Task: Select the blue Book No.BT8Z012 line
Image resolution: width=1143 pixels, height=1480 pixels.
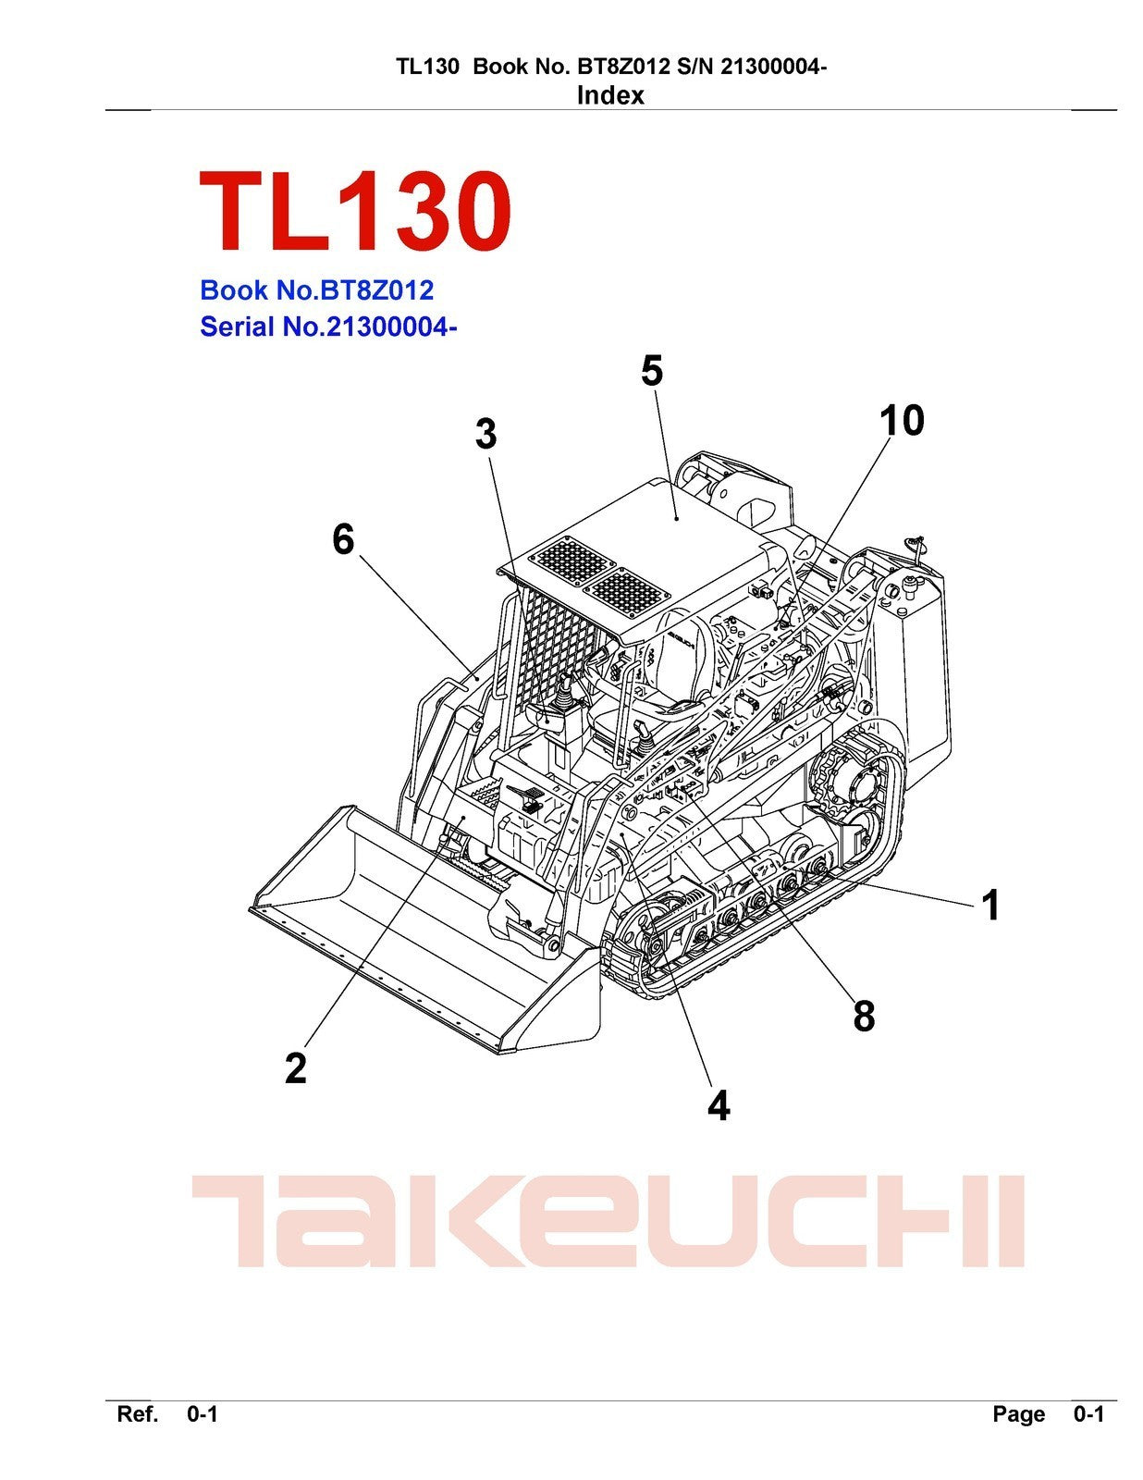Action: pos(316,290)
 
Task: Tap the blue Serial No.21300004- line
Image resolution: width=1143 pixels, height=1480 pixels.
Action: pos(328,327)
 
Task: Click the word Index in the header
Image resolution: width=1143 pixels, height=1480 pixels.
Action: pos(609,95)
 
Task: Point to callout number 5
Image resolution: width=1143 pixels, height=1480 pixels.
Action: pos(652,371)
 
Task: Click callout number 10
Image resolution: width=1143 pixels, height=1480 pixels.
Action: pos(901,421)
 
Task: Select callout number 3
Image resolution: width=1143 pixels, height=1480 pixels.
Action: pos(485,434)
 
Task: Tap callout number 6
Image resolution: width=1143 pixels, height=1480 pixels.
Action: pos(343,539)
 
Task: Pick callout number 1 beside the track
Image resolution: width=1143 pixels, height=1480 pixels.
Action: pos(990,905)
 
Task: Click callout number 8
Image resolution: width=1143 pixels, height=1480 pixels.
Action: pos(863,1016)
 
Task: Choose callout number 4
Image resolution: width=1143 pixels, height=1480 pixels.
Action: pos(719,1105)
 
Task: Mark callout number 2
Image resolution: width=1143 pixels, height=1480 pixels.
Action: pos(295,1068)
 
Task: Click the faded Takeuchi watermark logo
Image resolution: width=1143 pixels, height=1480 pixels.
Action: pos(608,1221)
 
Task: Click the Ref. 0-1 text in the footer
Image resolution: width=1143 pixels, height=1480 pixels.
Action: pos(166,1414)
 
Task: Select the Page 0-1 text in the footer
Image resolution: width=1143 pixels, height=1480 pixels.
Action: pos(1048,1414)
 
